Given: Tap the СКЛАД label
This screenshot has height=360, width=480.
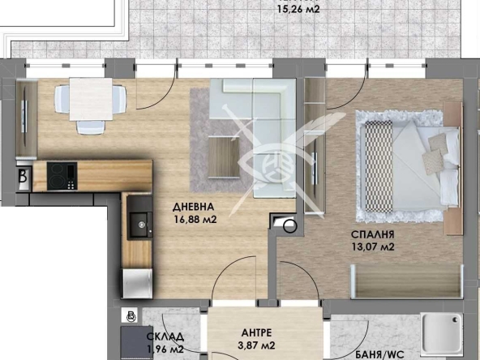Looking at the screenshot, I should (x=165, y=337).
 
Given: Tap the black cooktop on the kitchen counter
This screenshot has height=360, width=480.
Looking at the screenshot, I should (x=62, y=174).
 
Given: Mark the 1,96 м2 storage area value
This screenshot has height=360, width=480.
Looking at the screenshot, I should (x=165, y=349).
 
